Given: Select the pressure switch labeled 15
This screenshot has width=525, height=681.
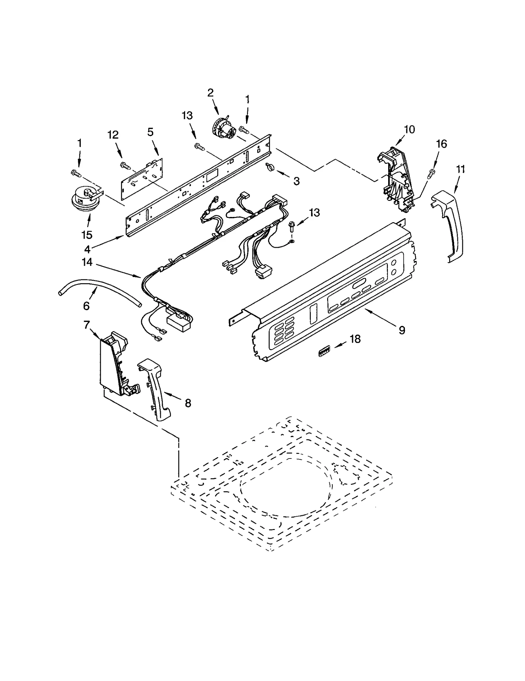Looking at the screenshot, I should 84,198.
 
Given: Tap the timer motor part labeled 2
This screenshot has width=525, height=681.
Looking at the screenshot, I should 224,129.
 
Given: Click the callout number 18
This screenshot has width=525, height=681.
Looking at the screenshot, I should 355,339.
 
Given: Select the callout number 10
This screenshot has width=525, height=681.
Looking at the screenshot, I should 409,129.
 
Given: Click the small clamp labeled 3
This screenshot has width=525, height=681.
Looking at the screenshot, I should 270,168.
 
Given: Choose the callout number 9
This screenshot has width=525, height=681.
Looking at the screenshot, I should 402,330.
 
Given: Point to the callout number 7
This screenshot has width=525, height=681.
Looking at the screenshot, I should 86,325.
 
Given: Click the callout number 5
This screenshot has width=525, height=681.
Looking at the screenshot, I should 150,132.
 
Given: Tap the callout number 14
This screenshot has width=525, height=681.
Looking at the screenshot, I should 87,262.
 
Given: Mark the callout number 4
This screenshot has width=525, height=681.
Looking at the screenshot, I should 87,249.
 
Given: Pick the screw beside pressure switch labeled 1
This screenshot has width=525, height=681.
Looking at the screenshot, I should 76,173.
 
